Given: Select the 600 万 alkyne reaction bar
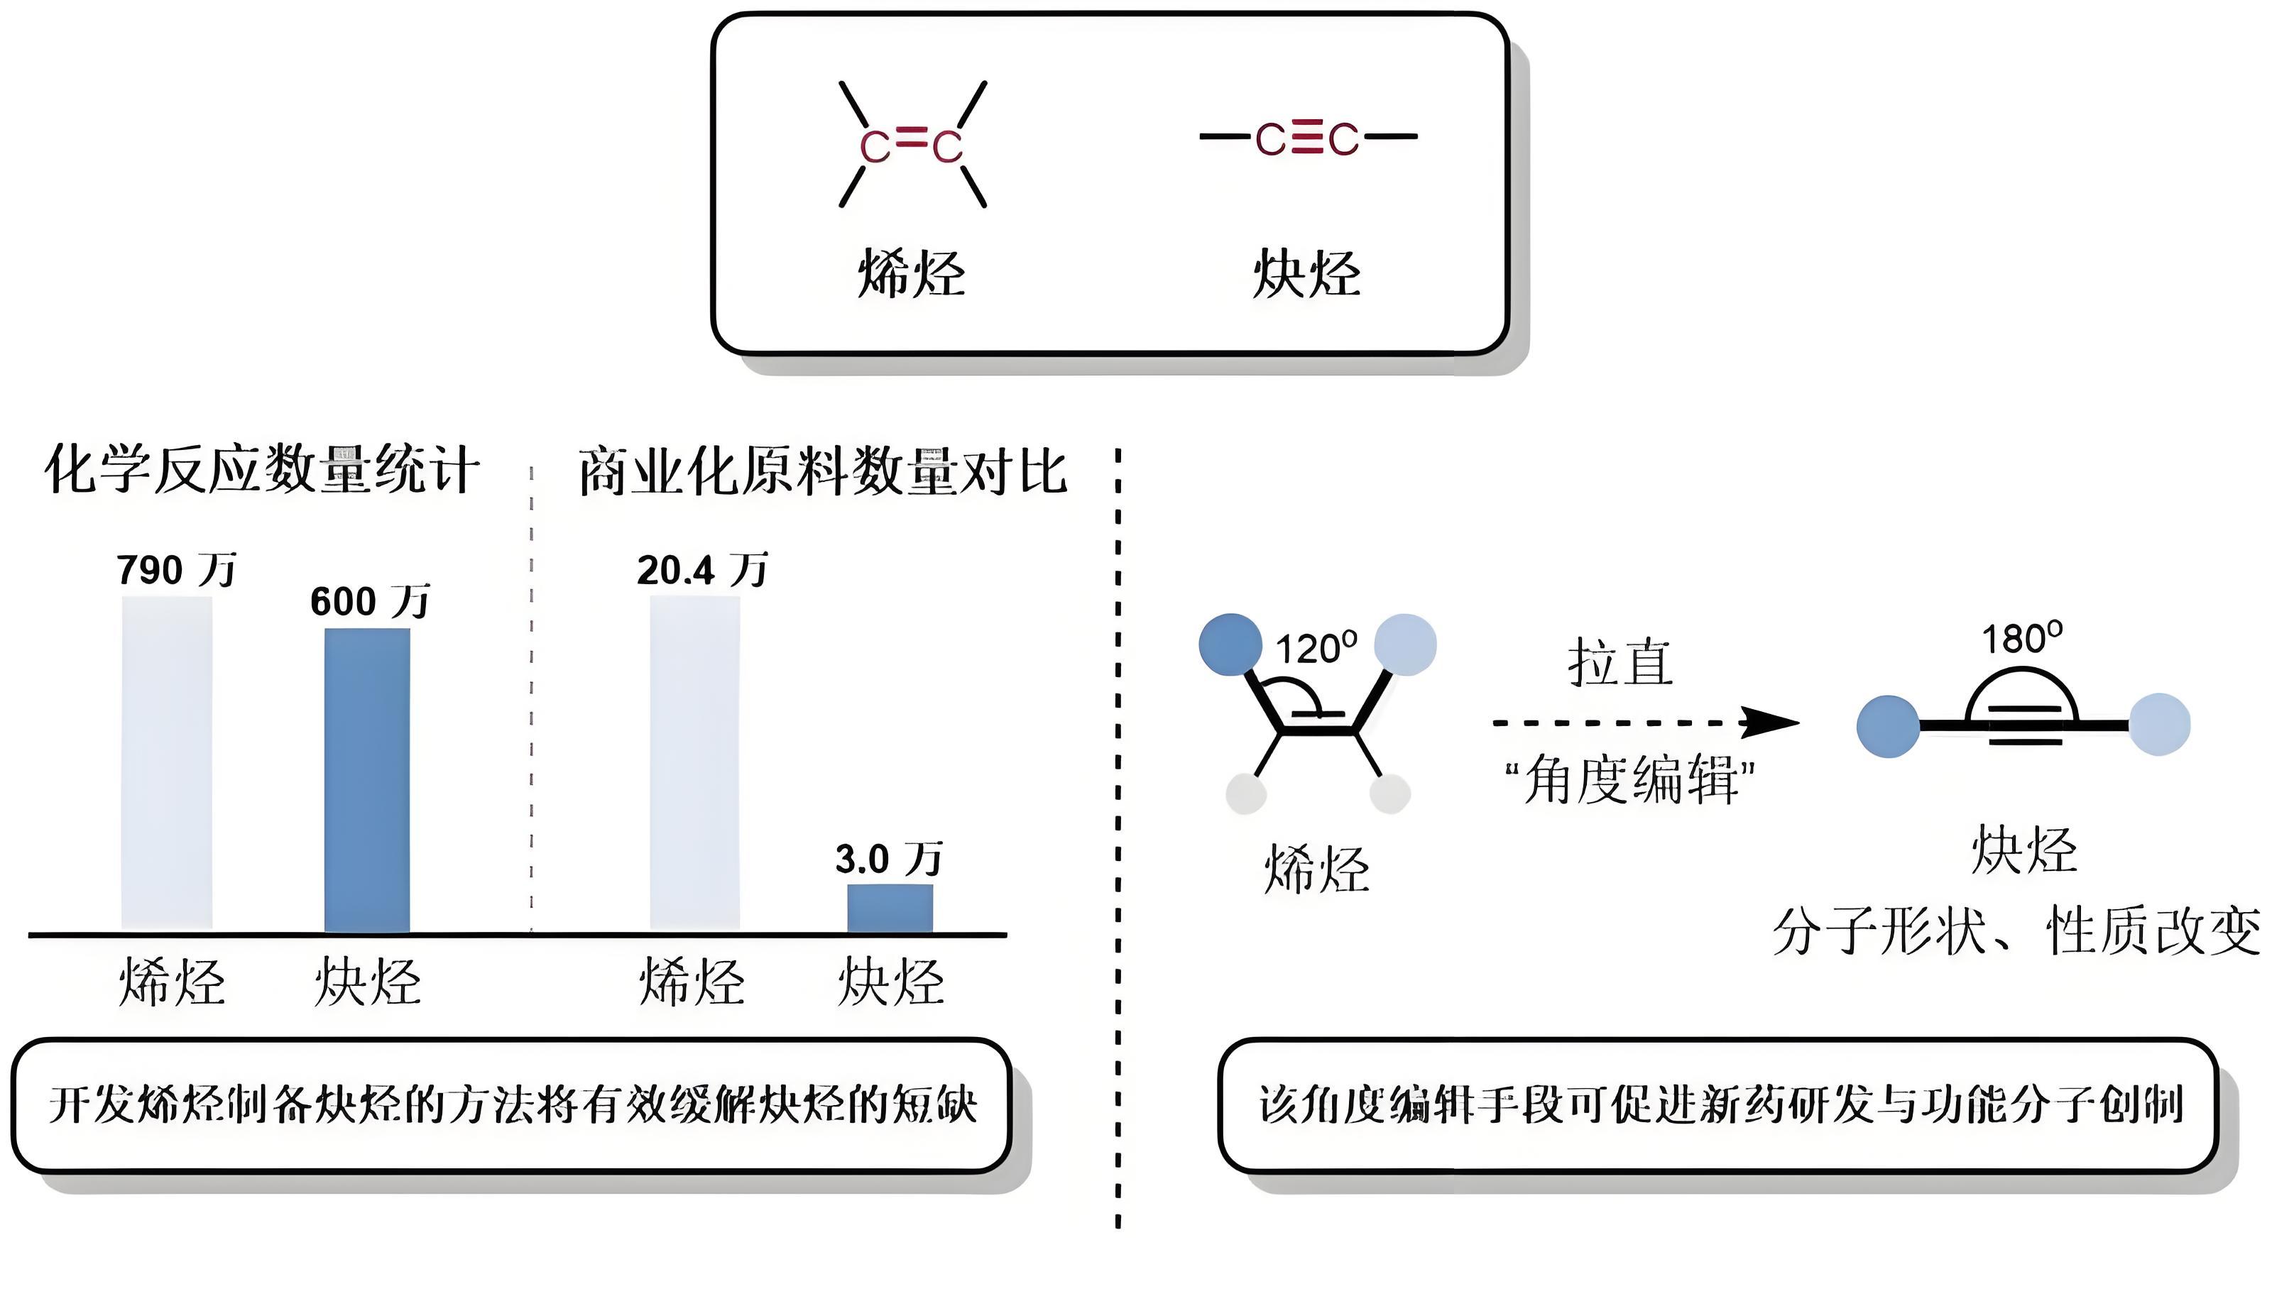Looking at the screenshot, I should tap(367, 780).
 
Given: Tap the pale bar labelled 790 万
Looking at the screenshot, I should tap(167, 762).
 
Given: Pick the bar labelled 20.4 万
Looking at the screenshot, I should tap(694, 762).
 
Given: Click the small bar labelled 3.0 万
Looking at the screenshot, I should tap(890, 909).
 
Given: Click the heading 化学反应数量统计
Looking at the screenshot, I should tap(262, 469).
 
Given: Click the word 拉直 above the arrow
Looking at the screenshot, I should tap(1620, 663).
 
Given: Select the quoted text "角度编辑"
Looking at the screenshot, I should tap(1629, 779).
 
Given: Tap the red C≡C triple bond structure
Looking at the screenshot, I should tap(1307, 139).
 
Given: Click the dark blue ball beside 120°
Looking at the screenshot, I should tap(1230, 644).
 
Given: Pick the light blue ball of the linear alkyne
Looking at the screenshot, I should tap(2159, 725).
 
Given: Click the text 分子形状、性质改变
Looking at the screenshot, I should tap(2016, 932).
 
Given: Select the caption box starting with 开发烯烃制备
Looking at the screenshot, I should tap(511, 1105).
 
